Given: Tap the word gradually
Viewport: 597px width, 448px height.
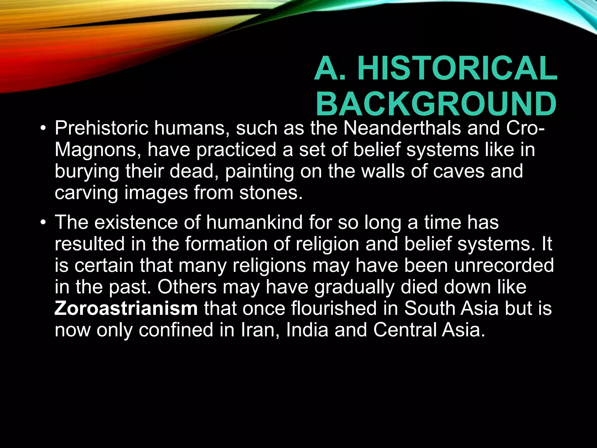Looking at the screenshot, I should pos(354,287).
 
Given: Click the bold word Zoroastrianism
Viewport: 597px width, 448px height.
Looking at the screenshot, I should pos(126,309).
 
